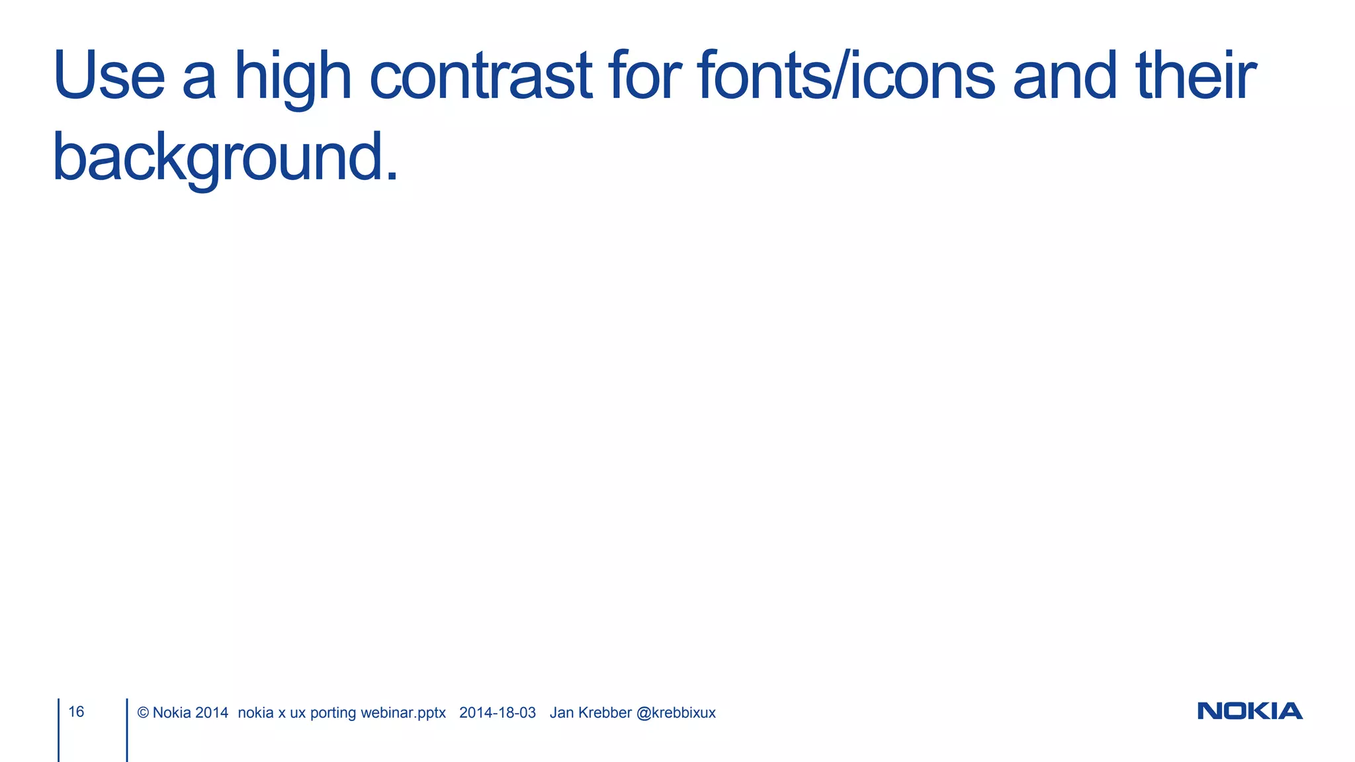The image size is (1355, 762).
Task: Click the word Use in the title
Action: (109, 76)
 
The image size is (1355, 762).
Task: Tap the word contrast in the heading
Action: (480, 76)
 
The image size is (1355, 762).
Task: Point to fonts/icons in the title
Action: (846, 76)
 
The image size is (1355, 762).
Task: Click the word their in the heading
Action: (1196, 76)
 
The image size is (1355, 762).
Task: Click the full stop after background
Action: (392, 177)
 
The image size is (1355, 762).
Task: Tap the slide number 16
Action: (76, 712)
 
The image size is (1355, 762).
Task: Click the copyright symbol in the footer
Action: (143, 713)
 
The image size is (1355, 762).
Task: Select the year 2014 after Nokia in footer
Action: (212, 713)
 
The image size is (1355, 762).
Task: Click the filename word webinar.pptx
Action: (403, 713)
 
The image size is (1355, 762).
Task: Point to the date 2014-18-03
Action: (498, 713)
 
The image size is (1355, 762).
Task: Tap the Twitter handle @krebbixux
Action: (676, 713)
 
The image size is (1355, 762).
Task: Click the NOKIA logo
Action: (1250, 711)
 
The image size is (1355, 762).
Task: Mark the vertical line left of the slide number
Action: (58, 730)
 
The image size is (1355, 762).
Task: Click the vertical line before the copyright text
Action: (126, 730)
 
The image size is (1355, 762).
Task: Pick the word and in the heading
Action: (1064, 76)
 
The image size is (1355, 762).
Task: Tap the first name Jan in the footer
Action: (562, 713)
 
